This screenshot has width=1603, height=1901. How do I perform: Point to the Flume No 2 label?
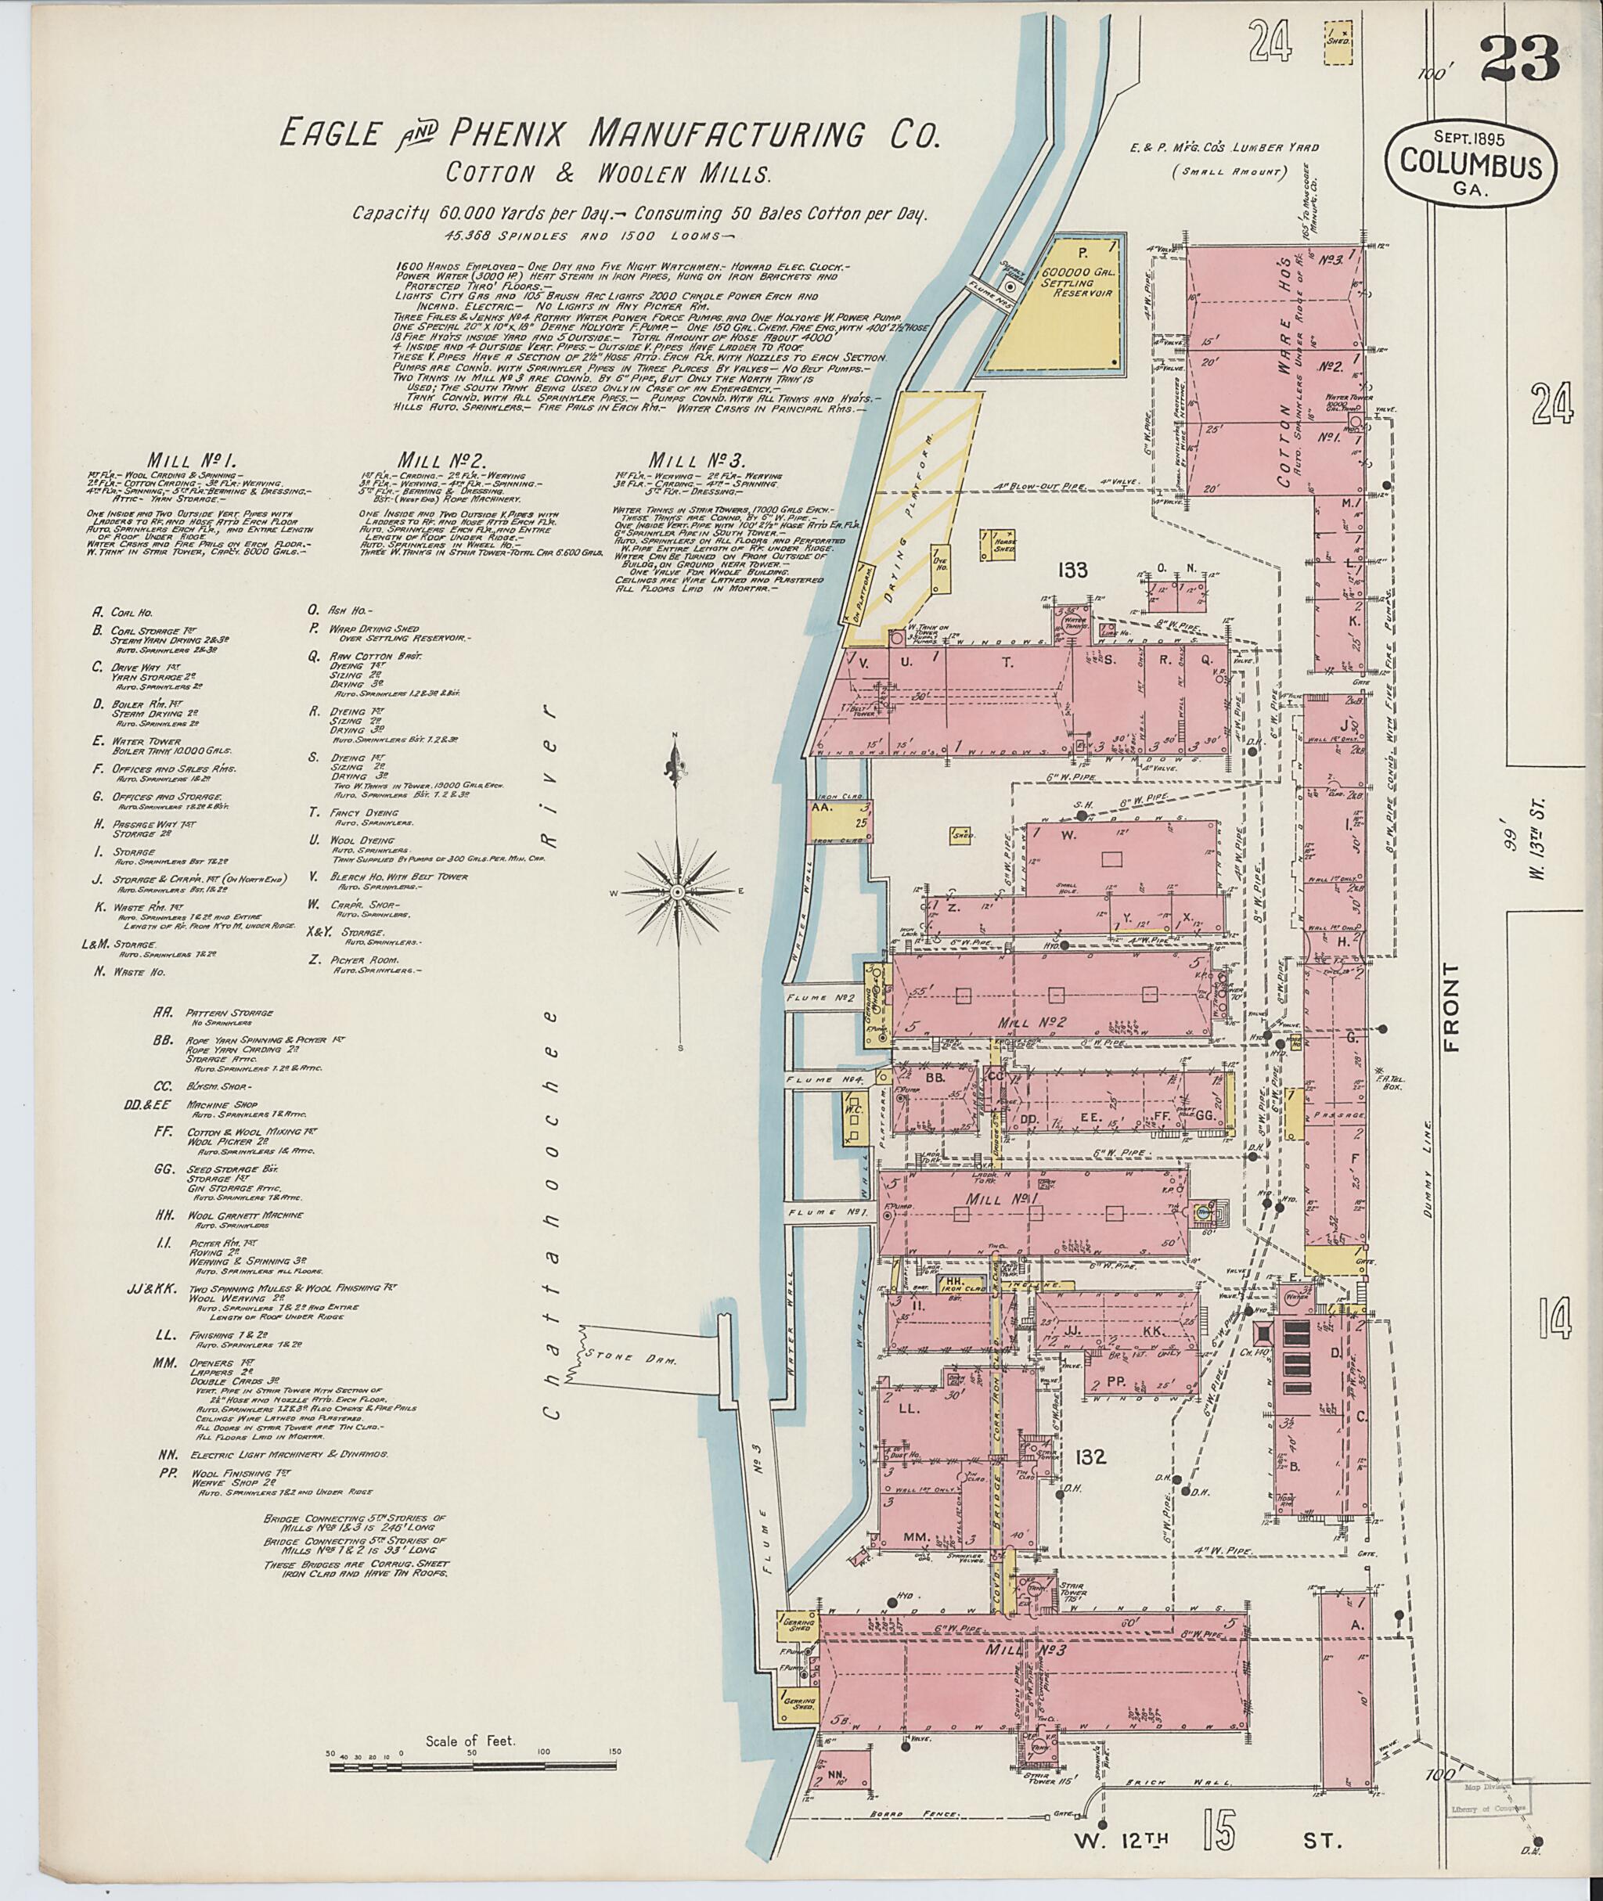pos(822,999)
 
